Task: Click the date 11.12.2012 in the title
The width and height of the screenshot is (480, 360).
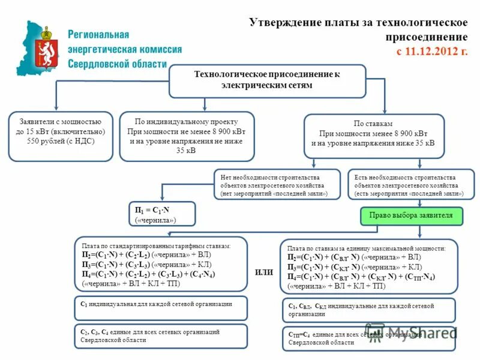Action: click(431, 51)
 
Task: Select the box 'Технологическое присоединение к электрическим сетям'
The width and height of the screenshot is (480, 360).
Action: click(267, 80)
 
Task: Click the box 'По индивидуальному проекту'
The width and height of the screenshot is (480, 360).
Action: click(187, 136)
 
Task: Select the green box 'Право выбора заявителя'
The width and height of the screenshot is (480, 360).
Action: click(411, 215)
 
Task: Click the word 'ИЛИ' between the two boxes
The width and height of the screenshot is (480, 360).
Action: click(264, 272)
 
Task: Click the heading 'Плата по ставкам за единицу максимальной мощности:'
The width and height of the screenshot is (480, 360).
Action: click(366, 248)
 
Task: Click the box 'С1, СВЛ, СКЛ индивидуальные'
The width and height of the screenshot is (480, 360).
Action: click(368, 309)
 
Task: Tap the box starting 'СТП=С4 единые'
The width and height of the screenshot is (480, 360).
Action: click(368, 338)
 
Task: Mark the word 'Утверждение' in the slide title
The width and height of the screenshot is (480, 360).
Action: click(281, 23)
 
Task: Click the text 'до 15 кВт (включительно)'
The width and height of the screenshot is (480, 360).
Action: click(61, 131)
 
